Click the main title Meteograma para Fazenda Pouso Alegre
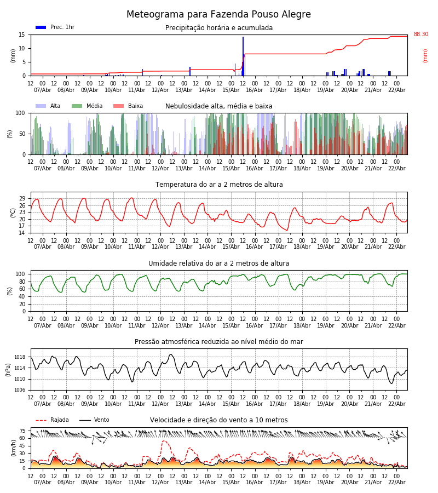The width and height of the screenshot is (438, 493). coord(218,15)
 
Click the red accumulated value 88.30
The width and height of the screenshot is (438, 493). coord(420,35)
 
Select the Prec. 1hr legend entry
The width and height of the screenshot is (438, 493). coord(55,27)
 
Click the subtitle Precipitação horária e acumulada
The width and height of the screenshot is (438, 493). coord(218,28)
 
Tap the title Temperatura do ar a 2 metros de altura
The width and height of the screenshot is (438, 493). coord(218,185)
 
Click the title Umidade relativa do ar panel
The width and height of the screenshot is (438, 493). coord(218,263)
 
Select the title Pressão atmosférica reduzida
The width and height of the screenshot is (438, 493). coord(218,342)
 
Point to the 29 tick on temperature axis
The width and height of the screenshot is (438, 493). coord(22,199)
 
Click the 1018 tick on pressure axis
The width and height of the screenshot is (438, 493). coord(20,357)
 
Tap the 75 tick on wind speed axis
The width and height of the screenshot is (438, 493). coord(22,431)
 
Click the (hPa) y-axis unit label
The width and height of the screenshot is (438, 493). coord(8,369)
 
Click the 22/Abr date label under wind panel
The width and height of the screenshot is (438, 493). coord(396,482)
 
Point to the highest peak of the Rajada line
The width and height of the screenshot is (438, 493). coord(163,441)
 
